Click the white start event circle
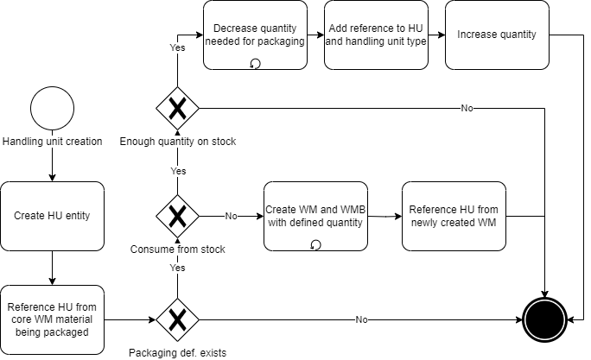pyautogui.click(x=52, y=109)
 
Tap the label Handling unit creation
pyautogui.click(x=52, y=142)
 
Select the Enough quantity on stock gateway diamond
pyautogui.click(x=177, y=109)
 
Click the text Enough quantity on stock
pyautogui.click(x=177, y=142)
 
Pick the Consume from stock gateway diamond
pyautogui.click(x=177, y=216)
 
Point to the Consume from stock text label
pyautogui.click(x=177, y=249)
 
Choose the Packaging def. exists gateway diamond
pyautogui.click(x=177, y=319)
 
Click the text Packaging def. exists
pyautogui.click(x=177, y=352)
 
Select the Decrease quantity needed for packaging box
pyautogui.click(x=256, y=35)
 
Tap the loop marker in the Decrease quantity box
pyautogui.click(x=255, y=63)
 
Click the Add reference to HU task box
pyautogui.click(x=377, y=35)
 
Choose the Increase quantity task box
pyautogui.click(x=497, y=35)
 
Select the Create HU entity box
pyautogui.click(x=52, y=216)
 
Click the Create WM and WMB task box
pyautogui.click(x=315, y=216)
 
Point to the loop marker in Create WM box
pyautogui.click(x=315, y=245)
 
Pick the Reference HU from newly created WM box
pyautogui.click(x=454, y=216)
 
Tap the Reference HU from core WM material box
pyautogui.click(x=52, y=319)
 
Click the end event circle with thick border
pyautogui.click(x=545, y=319)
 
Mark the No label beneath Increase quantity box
pyautogui.click(x=467, y=109)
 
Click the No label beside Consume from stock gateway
pyautogui.click(x=231, y=216)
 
